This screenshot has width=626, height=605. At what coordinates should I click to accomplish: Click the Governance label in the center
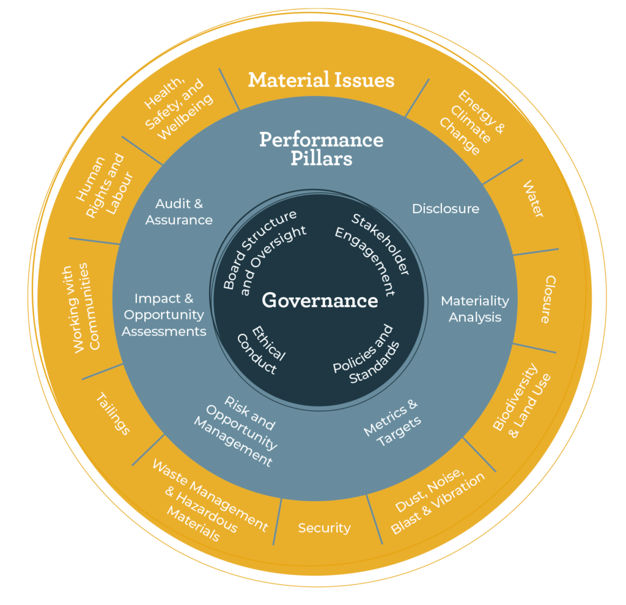[320, 301]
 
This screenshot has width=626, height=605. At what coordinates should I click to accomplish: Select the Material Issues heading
[321, 80]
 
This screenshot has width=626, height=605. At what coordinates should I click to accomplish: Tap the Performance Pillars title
[321, 148]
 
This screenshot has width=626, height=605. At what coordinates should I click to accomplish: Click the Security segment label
[324, 528]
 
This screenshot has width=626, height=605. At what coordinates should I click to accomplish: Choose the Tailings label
[113, 414]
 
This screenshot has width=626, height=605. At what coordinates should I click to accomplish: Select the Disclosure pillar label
[445, 209]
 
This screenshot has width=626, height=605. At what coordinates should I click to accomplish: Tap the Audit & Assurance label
[179, 212]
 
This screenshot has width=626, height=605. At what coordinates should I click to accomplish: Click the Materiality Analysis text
[474, 309]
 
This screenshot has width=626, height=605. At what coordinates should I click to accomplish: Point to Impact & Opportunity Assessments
[163, 315]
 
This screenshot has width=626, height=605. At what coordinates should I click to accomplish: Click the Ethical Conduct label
[260, 348]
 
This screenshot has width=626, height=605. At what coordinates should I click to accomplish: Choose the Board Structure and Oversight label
[263, 251]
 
